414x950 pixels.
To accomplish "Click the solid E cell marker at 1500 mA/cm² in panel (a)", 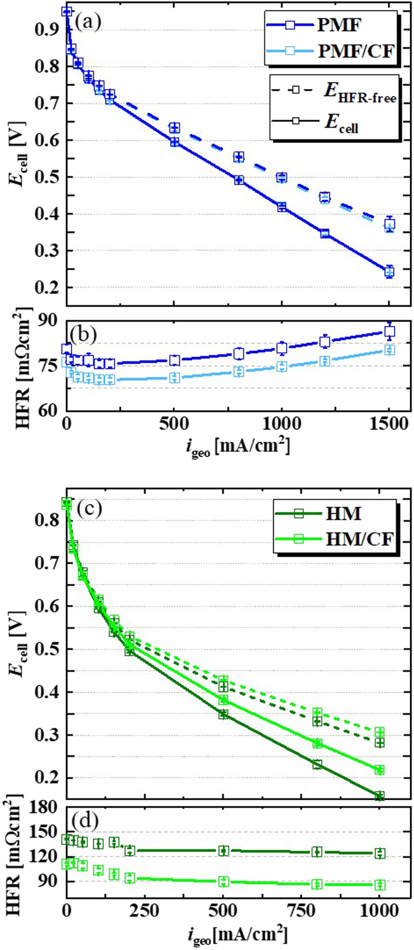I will pyautogui.click(x=389, y=272).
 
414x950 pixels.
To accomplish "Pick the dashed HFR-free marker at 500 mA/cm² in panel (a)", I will pyautogui.click(x=175, y=128).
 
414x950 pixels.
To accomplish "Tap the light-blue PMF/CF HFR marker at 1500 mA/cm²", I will pyautogui.click(x=389, y=350).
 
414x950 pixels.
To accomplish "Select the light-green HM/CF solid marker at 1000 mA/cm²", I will pyautogui.click(x=379, y=770).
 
